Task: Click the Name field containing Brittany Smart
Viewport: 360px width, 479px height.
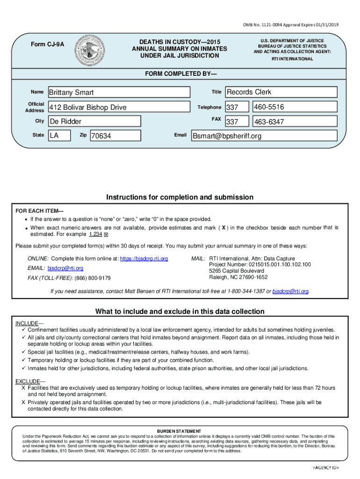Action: (119, 92)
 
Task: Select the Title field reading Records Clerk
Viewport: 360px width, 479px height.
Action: (281, 92)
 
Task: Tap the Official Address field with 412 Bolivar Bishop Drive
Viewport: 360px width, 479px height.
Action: (119, 108)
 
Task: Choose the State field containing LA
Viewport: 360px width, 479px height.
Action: (57, 136)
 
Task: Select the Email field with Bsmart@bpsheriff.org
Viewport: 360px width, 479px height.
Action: (264, 136)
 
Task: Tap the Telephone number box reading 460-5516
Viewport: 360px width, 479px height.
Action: (294, 108)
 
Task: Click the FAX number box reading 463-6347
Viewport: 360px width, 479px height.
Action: (294, 122)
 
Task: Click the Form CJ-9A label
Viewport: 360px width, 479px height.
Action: (48, 44)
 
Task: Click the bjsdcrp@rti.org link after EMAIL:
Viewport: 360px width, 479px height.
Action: (65, 268)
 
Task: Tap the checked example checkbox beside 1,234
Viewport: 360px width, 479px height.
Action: (106, 234)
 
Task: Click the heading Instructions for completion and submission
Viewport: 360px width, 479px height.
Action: (180, 197)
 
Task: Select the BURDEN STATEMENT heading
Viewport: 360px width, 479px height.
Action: (179, 431)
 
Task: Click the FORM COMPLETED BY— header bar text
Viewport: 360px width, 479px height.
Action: (180, 74)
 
